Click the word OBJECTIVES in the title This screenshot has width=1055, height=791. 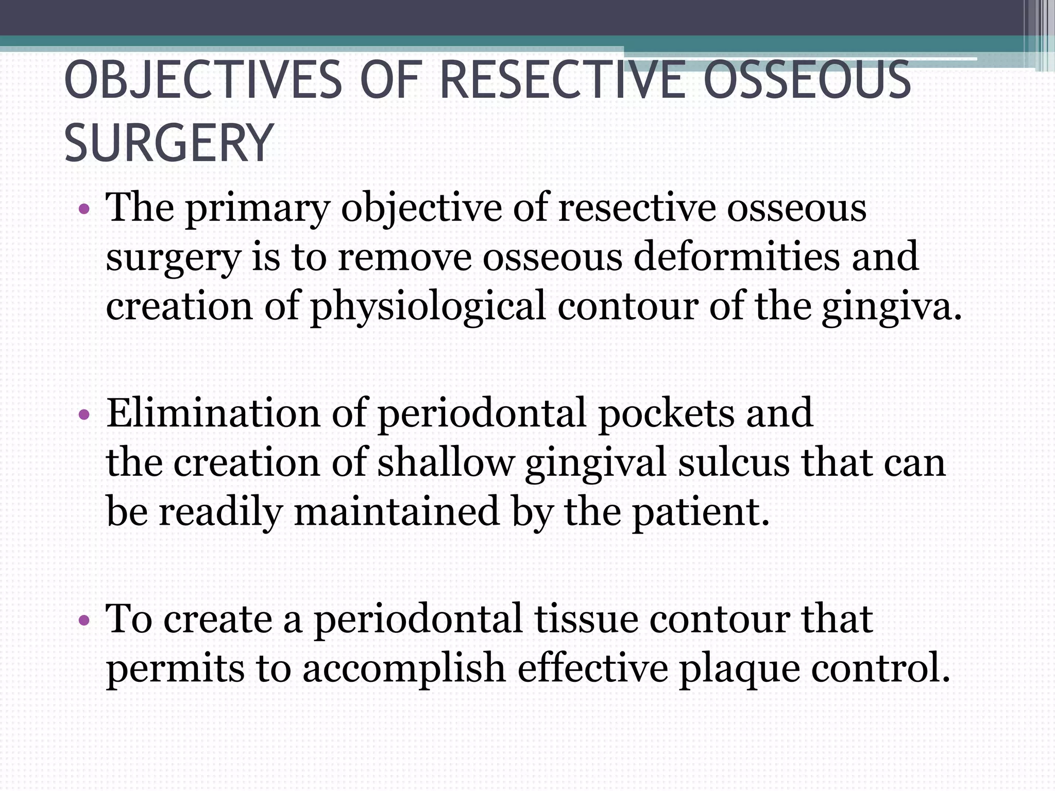click(x=203, y=81)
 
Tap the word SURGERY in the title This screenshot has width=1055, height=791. click(x=168, y=143)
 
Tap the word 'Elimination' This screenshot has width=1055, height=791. click(x=213, y=413)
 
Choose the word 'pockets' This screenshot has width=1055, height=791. click(x=666, y=413)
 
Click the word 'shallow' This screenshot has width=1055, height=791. click(x=446, y=462)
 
